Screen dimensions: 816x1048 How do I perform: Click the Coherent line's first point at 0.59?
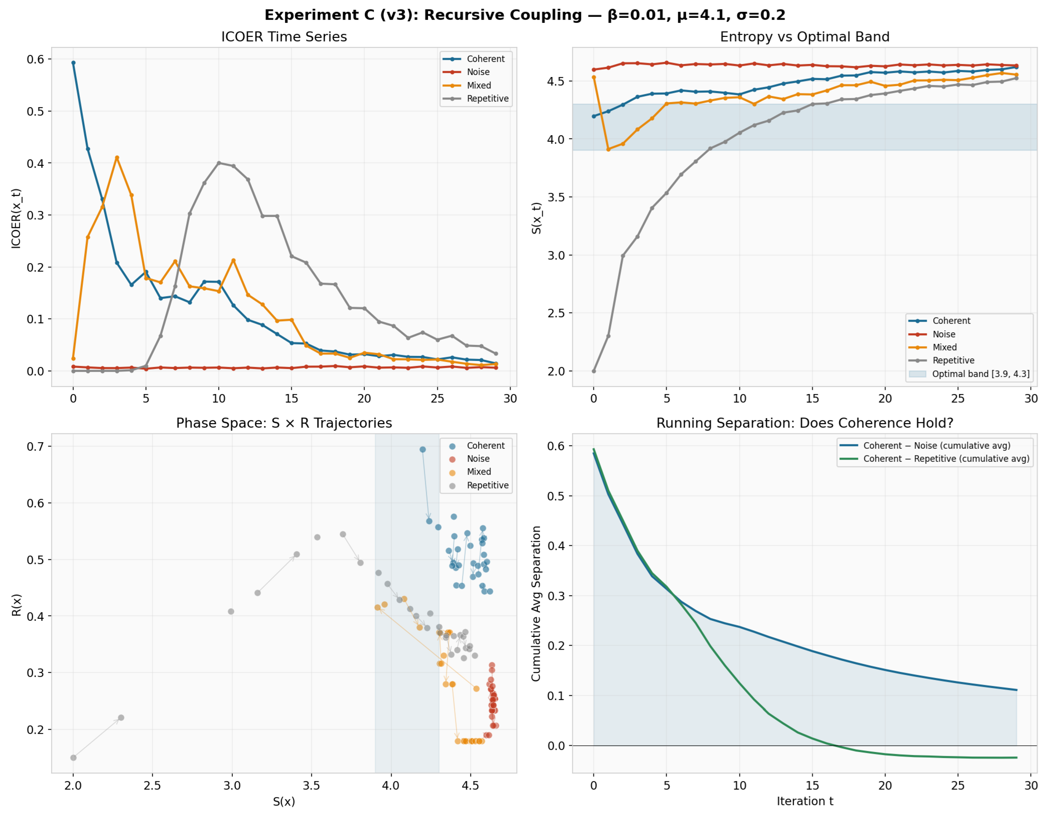(74, 63)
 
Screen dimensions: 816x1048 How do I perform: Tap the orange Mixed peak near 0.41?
(117, 158)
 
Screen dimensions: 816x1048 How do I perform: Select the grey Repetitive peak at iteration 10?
(219, 163)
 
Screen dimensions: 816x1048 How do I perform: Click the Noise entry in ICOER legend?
(478, 72)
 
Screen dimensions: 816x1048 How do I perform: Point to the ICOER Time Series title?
(284, 37)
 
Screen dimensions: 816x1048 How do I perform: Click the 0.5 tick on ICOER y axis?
(35, 111)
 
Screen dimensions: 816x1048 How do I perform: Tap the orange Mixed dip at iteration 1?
(609, 149)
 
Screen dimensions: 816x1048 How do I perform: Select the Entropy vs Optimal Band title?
(805, 37)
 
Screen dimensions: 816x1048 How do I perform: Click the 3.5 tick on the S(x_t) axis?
(556, 197)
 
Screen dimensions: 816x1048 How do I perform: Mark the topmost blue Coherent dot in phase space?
(423, 449)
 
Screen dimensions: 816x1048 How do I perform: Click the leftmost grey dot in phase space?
(74, 758)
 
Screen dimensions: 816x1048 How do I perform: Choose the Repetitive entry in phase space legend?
(488, 485)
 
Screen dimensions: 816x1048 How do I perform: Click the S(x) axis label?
(284, 802)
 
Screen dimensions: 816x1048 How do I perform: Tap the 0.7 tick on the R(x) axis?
(35, 447)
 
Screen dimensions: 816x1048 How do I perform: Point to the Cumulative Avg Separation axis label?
(536, 604)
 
